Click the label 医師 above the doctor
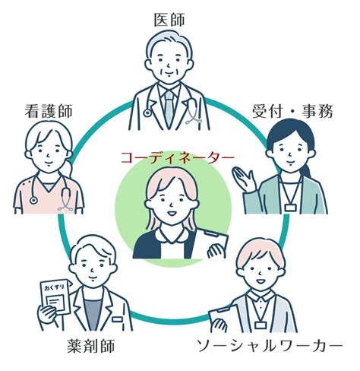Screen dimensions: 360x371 pos(169,20)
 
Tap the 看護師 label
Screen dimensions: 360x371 pos(49,111)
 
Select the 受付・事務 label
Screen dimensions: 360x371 pos(292,111)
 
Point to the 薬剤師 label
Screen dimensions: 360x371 pos(90,346)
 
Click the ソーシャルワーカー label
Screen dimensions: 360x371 pos(270,346)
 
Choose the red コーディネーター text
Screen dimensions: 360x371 pos(178,158)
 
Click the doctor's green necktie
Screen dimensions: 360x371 pos(169,108)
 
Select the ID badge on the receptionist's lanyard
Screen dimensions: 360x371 pos(290,208)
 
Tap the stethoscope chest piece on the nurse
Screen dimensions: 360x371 pos(33,201)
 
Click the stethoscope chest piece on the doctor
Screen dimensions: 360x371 pos(147,113)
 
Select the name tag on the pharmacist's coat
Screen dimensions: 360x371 pos(117,319)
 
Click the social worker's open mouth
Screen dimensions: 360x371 pos(261,281)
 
